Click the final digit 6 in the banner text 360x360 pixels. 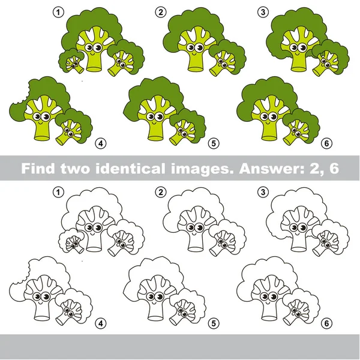pos(334,168)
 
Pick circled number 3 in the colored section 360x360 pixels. pos(262,11)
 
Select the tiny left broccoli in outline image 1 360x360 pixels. pos(73,241)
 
